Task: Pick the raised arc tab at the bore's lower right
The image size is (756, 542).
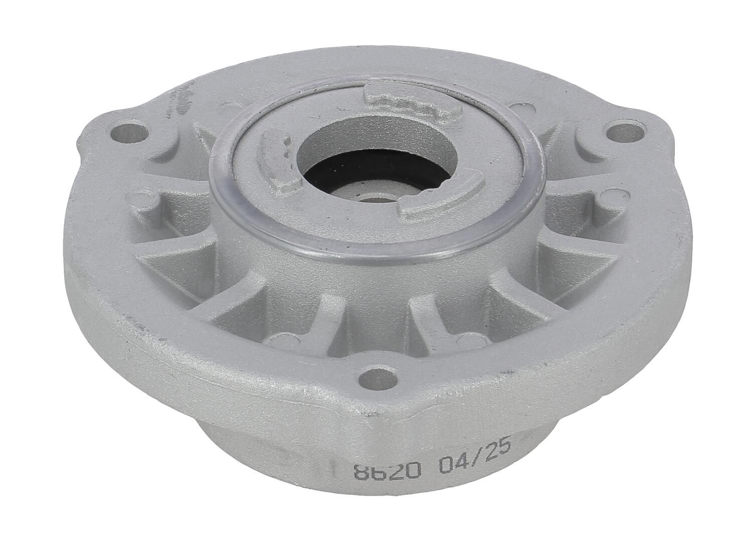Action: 441,203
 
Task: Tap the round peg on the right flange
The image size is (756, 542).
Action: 599,201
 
